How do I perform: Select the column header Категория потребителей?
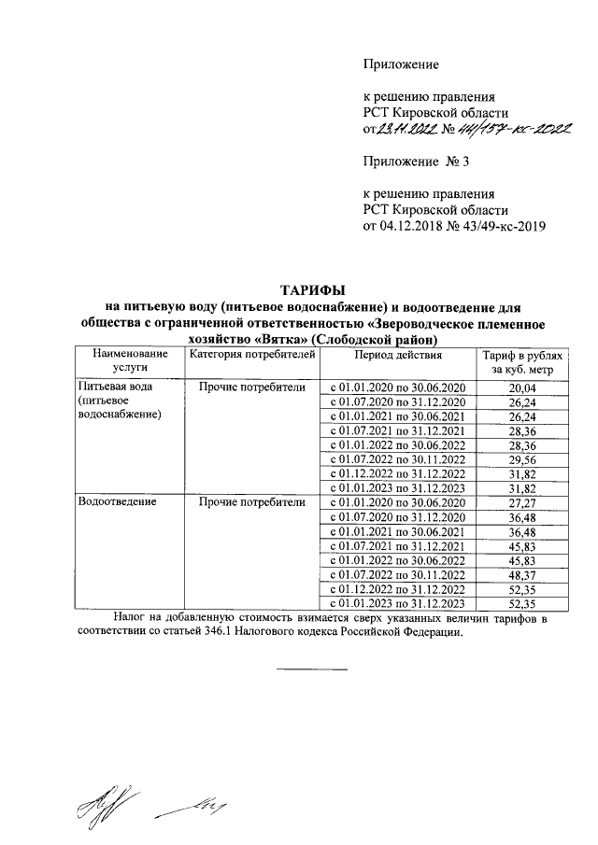247,355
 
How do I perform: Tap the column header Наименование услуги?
130,361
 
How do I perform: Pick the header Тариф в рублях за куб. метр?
522,362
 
